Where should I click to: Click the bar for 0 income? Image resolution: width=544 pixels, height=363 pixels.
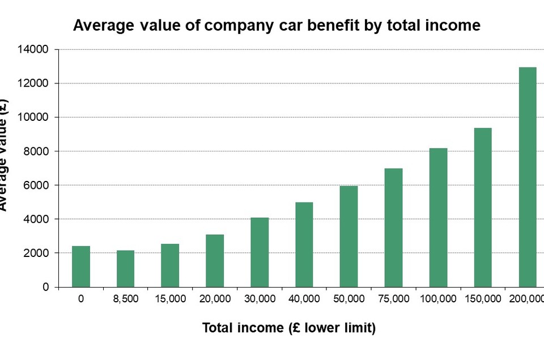pyautogui.click(x=81, y=267)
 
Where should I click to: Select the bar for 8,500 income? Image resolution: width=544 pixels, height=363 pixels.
pyautogui.click(x=125, y=269)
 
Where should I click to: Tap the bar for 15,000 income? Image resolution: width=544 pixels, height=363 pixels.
pyautogui.click(x=170, y=265)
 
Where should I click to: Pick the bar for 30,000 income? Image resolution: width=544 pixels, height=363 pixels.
pyautogui.click(x=260, y=252)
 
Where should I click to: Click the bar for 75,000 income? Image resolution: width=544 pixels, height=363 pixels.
pyautogui.click(x=393, y=227)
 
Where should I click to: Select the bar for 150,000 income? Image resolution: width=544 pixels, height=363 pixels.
pyautogui.click(x=483, y=208)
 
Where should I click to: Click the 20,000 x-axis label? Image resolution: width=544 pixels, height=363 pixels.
pyautogui.click(x=215, y=299)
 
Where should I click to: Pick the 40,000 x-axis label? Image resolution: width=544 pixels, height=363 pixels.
pyautogui.click(x=304, y=299)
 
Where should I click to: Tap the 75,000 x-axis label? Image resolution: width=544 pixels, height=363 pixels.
pyautogui.click(x=393, y=299)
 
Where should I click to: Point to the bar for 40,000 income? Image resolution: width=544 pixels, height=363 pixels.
pyautogui.click(x=304, y=244)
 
